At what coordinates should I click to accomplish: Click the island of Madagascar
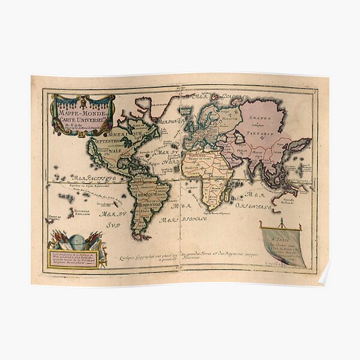point(229,193)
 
